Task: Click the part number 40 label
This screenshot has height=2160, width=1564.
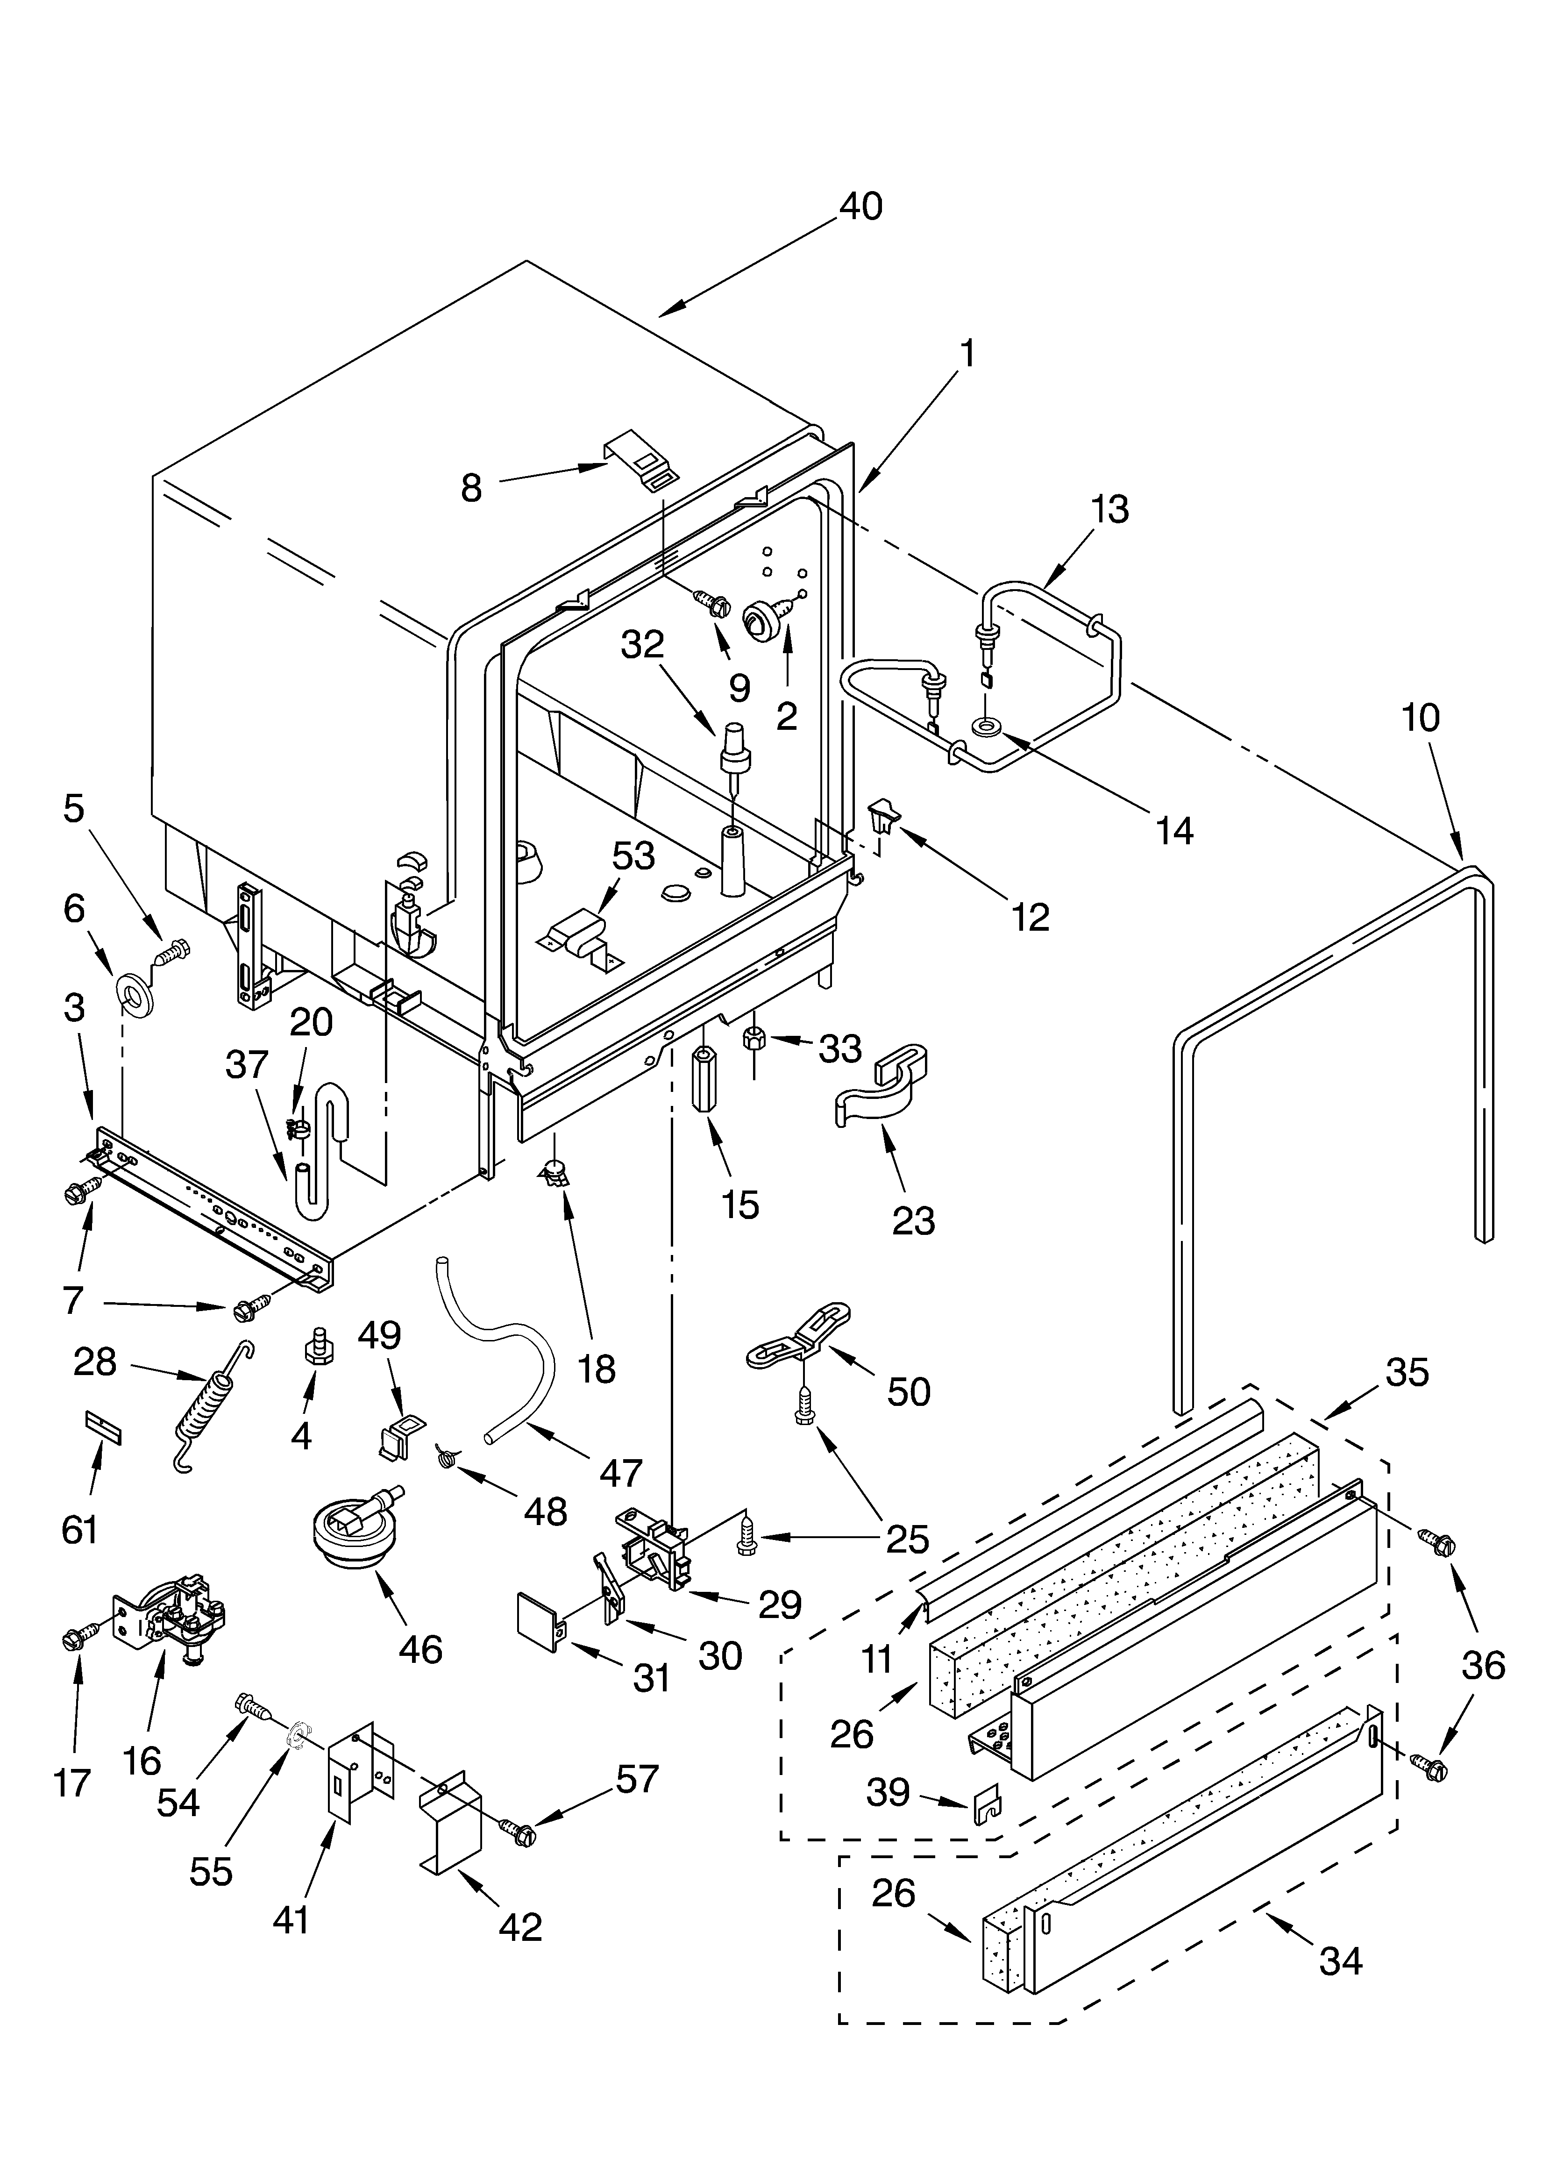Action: click(860, 207)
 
